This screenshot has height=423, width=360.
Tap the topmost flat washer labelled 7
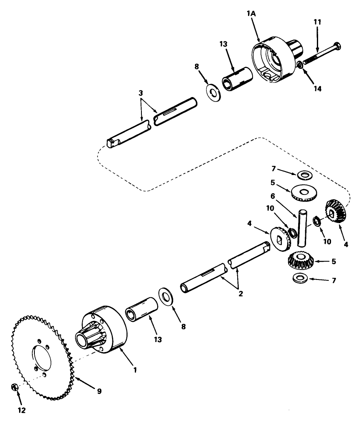click(x=305, y=175)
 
